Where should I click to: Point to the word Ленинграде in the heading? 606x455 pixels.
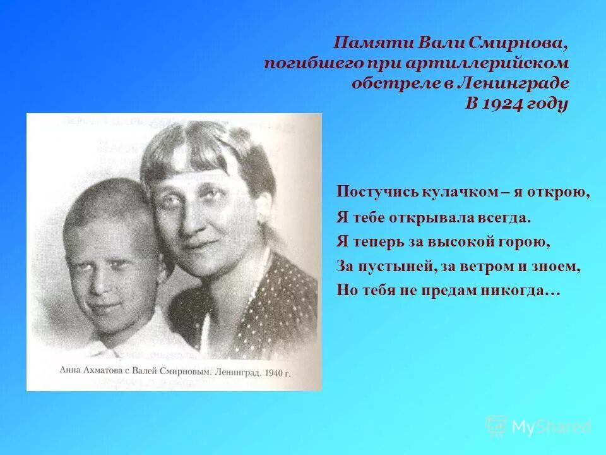(518, 83)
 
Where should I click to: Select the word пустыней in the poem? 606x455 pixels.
(392, 266)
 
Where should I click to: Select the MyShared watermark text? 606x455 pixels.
(551, 427)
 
